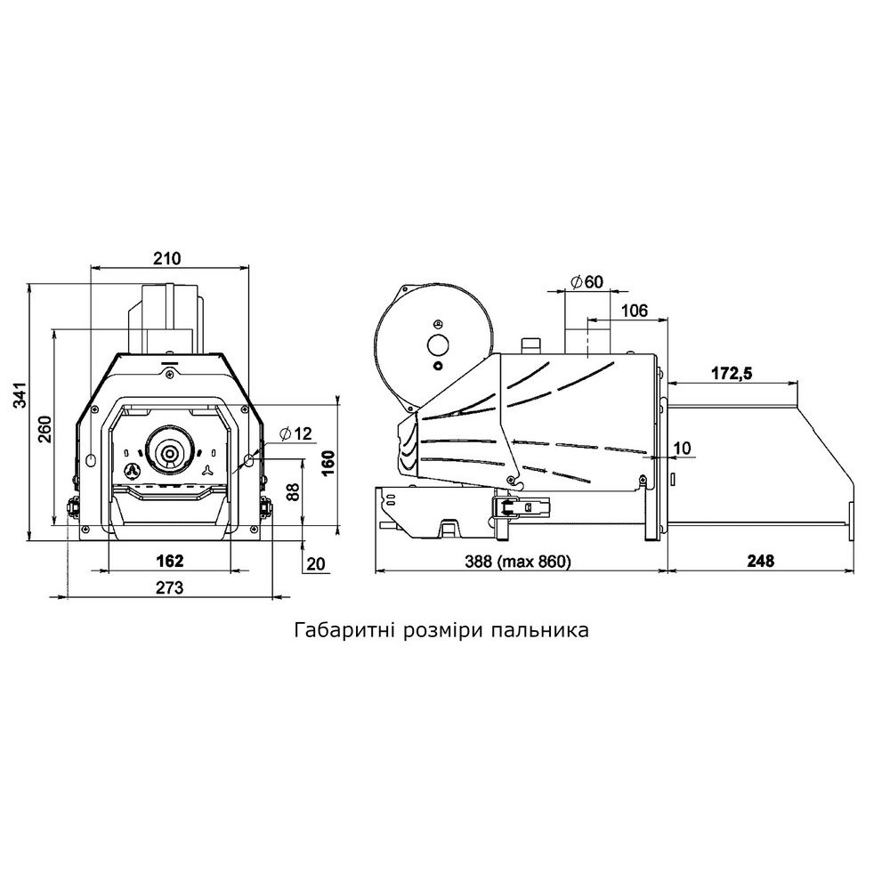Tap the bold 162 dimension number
pos(169,561)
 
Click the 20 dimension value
pos(316,562)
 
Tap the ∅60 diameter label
pos(587,282)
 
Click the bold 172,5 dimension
pos(732,374)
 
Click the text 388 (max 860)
pos(520,561)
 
